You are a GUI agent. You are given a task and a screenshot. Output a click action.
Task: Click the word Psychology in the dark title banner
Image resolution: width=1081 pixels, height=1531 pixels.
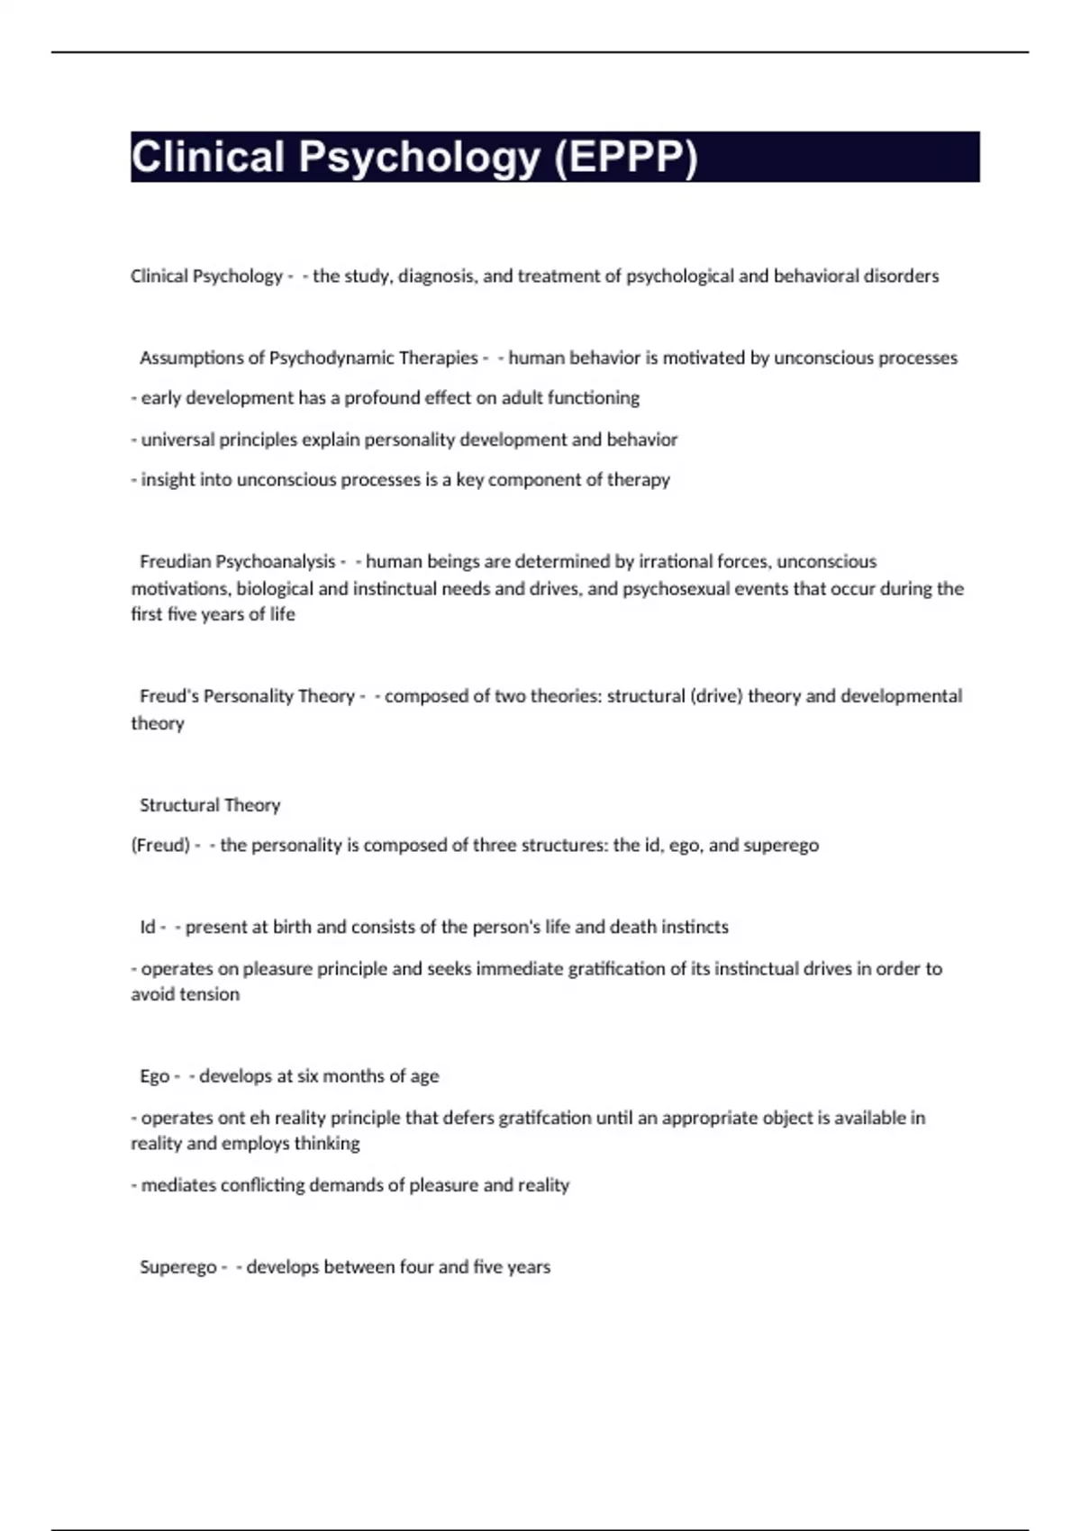click(419, 157)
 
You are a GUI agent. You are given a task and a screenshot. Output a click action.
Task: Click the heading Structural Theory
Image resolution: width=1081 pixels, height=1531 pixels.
click(210, 805)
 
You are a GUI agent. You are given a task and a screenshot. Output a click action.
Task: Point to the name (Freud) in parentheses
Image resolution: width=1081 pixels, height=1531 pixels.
click(160, 846)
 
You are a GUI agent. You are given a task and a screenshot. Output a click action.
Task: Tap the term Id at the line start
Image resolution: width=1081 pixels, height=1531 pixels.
click(148, 928)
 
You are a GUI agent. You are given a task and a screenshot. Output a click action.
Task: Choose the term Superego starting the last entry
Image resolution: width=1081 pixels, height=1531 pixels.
click(177, 1267)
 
